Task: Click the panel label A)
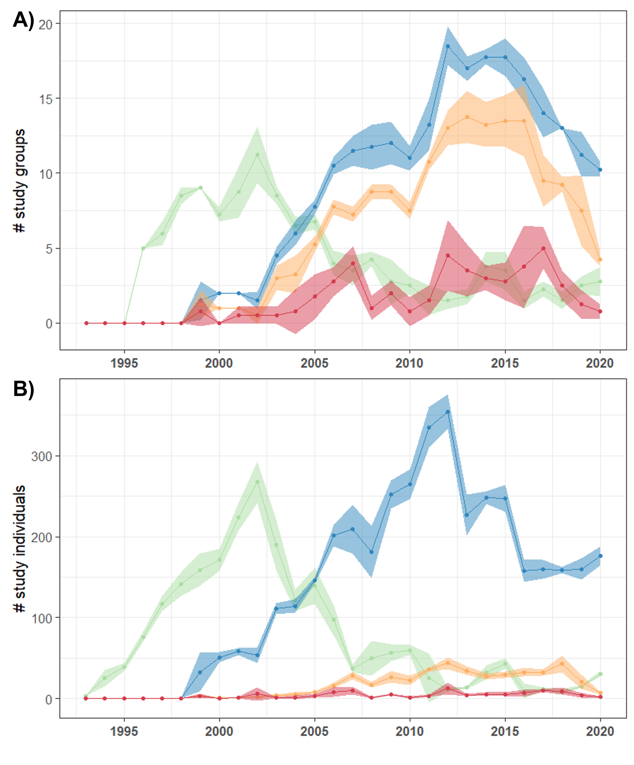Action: coord(23,20)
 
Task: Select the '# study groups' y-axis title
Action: coord(19,181)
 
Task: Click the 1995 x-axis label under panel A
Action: coord(124,363)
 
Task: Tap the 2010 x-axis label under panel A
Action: coord(409,363)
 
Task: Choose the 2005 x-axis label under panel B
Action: coord(314,731)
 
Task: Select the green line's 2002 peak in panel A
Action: coord(257,155)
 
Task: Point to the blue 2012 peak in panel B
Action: coord(448,412)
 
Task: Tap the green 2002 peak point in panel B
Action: coord(257,482)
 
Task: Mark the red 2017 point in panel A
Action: coord(543,248)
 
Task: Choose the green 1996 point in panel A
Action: coord(143,248)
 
